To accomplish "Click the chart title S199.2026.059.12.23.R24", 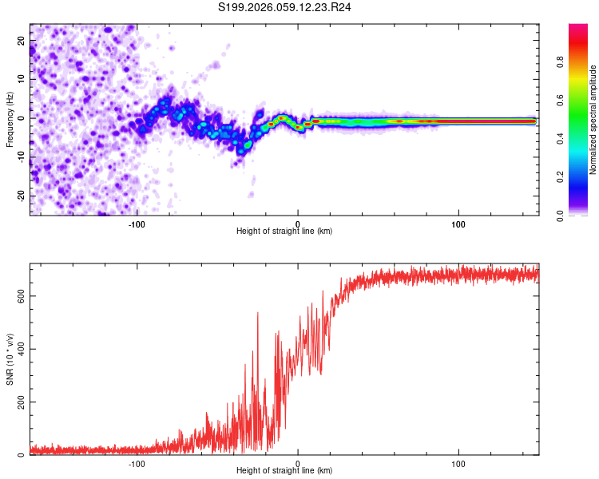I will point(285,7).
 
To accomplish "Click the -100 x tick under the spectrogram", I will point(137,224).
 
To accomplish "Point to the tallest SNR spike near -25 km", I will point(258,313).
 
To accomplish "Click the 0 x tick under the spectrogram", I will point(298,224).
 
